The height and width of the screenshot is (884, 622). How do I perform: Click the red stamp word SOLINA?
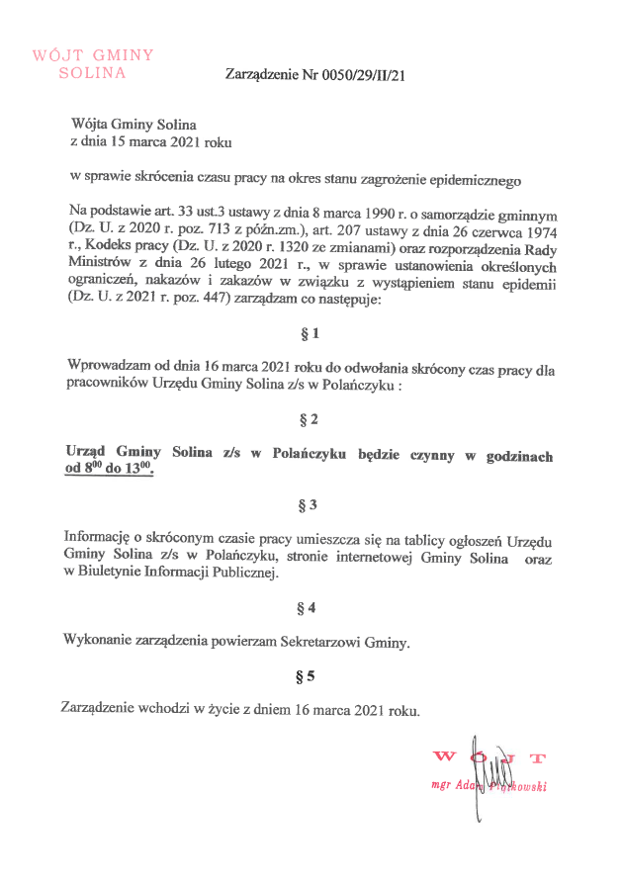pos(93,72)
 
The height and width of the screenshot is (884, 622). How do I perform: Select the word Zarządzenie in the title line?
pos(260,75)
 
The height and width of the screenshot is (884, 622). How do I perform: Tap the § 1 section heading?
pos(310,334)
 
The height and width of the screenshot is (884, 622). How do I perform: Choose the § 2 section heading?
pos(310,421)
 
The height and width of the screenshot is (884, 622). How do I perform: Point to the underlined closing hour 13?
pos(139,473)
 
